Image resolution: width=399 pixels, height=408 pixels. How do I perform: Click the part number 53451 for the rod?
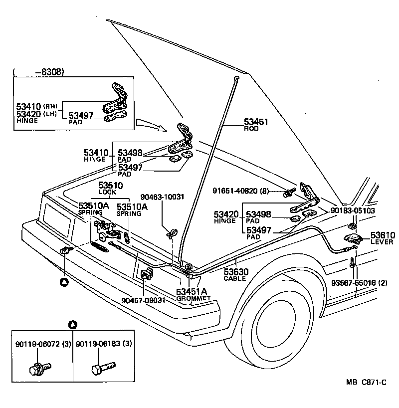coord(256,122)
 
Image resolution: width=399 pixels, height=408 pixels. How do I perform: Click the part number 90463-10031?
coord(162,197)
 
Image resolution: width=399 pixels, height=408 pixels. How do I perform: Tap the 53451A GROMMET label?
coord(193,294)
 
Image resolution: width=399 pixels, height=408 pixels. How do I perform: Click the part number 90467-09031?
coord(143,300)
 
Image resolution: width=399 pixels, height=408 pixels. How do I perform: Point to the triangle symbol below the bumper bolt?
coord(64,282)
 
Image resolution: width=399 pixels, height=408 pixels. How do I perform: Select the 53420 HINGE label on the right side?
coord(227,217)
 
